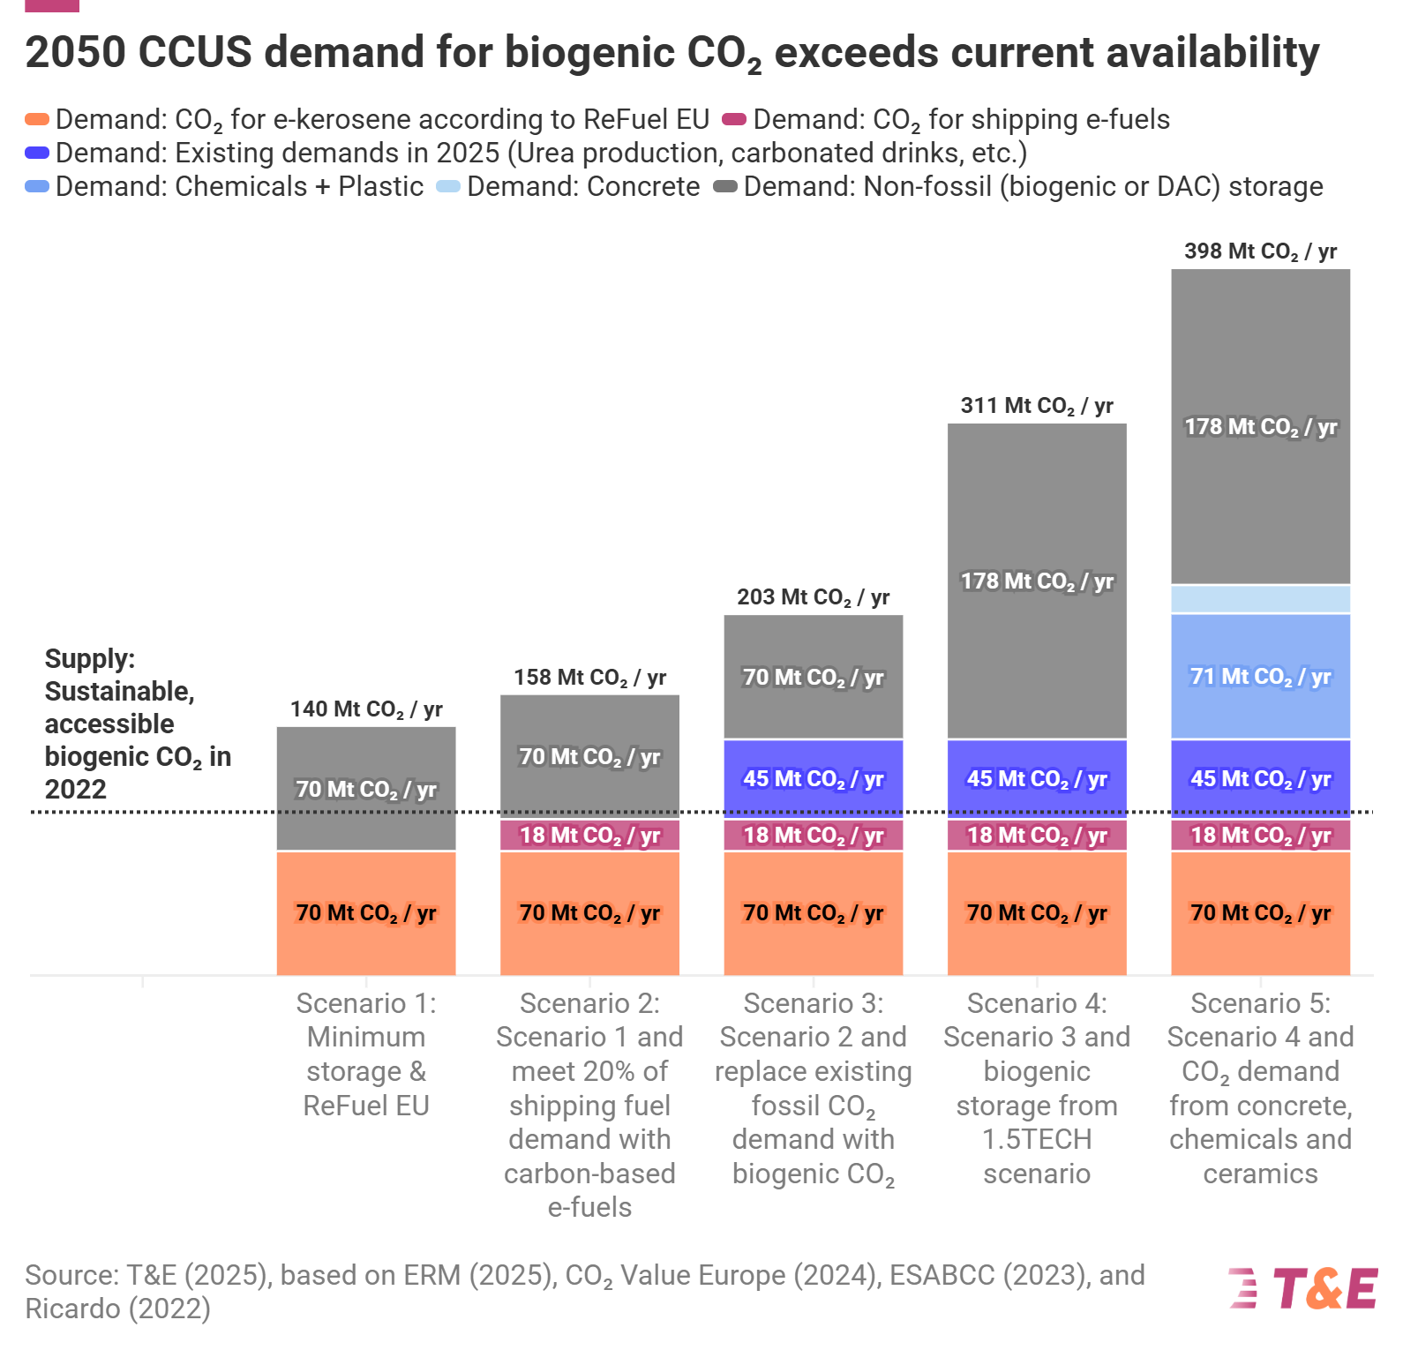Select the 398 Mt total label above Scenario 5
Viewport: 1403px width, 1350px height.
pyautogui.click(x=1260, y=251)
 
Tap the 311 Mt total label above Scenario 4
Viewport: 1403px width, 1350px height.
pyautogui.click(x=1037, y=406)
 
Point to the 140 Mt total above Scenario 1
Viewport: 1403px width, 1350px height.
pyautogui.click(x=366, y=709)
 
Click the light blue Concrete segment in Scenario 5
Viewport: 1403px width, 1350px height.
pyautogui.click(x=1260, y=599)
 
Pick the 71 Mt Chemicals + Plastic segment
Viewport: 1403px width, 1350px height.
pyautogui.click(x=1260, y=677)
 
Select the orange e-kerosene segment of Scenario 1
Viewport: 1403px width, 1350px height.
pyautogui.click(x=366, y=913)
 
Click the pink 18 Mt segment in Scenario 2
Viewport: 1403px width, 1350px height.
pyautogui.click(x=589, y=836)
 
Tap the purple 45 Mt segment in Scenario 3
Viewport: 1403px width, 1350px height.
pyautogui.click(x=813, y=779)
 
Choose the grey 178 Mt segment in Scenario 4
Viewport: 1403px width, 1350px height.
pyautogui.click(x=1037, y=581)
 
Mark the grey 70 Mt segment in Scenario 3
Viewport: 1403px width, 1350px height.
pyautogui.click(x=813, y=678)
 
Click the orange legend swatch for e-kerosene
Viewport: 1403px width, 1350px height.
pyautogui.click(x=37, y=119)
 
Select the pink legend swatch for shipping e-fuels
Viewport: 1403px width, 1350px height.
pyautogui.click(x=734, y=119)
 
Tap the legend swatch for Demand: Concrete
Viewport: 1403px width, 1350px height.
pyautogui.click(x=448, y=186)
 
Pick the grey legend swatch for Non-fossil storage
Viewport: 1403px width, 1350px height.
pyautogui.click(x=725, y=186)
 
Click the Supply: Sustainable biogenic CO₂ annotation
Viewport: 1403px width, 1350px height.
pyautogui.click(x=137, y=724)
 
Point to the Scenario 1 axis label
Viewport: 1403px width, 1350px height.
pyautogui.click(x=366, y=1054)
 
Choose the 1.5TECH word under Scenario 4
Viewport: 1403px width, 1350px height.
pyautogui.click(x=1037, y=1139)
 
